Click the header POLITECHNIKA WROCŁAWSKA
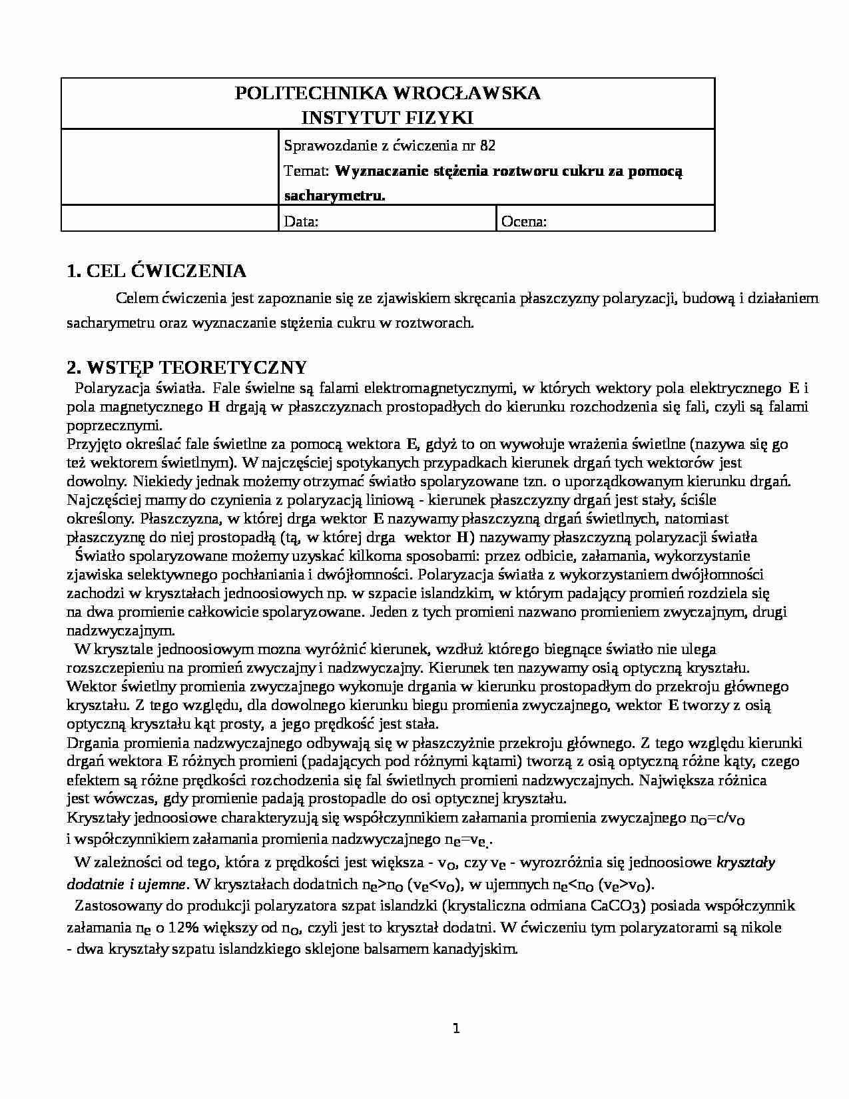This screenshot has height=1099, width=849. click(x=388, y=93)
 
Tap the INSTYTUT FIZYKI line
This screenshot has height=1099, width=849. click(x=388, y=118)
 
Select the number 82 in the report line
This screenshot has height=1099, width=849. click(x=487, y=146)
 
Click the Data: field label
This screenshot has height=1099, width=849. click(x=300, y=222)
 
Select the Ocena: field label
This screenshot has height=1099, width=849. click(x=523, y=222)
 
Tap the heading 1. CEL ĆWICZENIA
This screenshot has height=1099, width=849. click(x=156, y=271)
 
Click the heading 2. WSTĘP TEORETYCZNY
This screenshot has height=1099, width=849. click(x=187, y=367)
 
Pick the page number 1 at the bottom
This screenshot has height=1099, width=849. click(x=456, y=1028)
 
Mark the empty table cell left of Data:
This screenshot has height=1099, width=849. click(x=170, y=218)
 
